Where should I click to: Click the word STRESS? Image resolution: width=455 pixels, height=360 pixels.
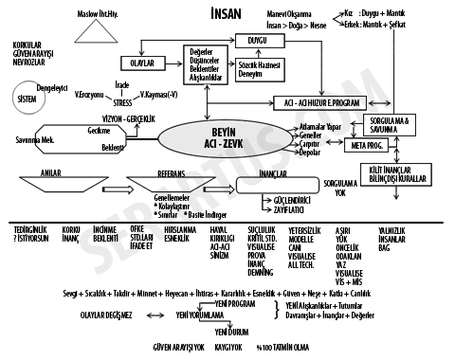[125, 105]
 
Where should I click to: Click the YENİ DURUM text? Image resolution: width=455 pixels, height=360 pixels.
[232, 333]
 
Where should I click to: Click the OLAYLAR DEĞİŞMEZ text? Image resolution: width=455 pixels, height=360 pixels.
[111, 313]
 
